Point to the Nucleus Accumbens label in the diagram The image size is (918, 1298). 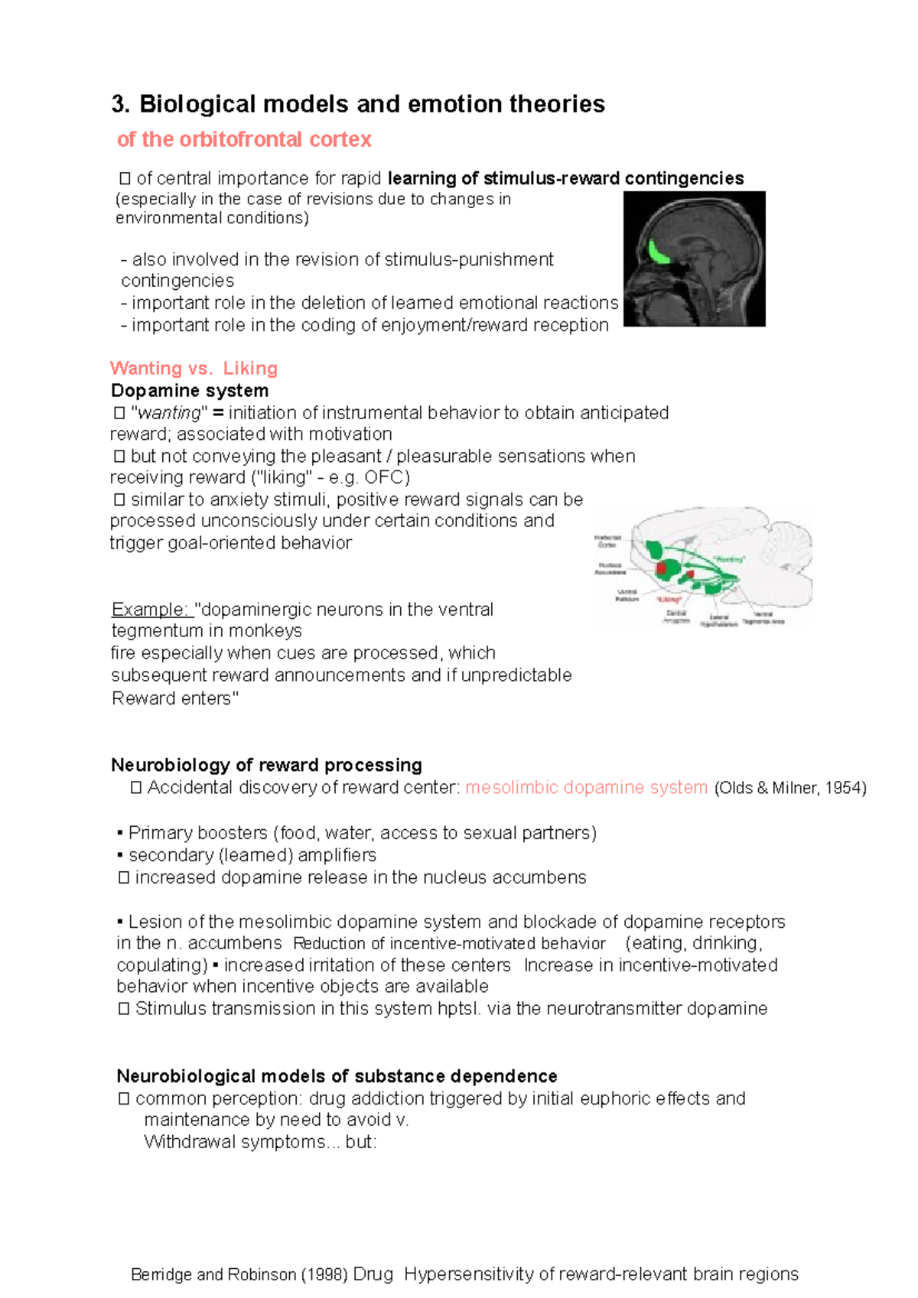[x=610, y=568]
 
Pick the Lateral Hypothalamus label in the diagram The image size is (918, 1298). [x=718, y=620]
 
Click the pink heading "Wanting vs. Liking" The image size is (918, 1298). [x=194, y=368]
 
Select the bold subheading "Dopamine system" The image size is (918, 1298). [x=190, y=390]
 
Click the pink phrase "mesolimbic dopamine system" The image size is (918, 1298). [x=586, y=787]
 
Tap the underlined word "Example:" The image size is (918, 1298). [x=150, y=610]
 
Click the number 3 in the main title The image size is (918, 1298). [x=118, y=104]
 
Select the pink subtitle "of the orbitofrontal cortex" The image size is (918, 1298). [x=244, y=139]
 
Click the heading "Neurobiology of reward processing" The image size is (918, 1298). [x=266, y=765]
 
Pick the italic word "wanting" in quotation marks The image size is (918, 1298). [x=168, y=413]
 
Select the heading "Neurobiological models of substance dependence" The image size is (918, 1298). [x=337, y=1076]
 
